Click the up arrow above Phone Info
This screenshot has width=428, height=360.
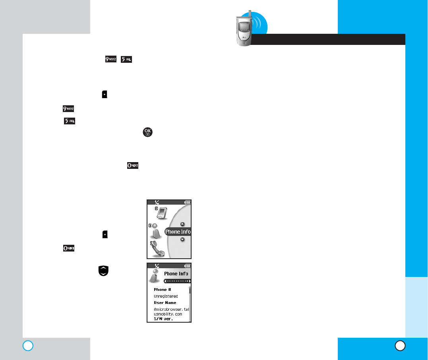click(182, 224)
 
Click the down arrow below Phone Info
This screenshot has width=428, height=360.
click(182, 239)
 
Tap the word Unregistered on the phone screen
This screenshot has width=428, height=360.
click(166, 296)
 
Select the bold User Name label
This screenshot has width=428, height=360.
click(165, 303)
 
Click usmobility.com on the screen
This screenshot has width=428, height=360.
click(168, 314)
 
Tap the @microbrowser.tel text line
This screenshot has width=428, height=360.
click(171, 309)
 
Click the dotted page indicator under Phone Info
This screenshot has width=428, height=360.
click(178, 281)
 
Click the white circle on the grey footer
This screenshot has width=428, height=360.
click(28, 346)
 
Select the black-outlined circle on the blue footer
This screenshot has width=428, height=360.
click(400, 346)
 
